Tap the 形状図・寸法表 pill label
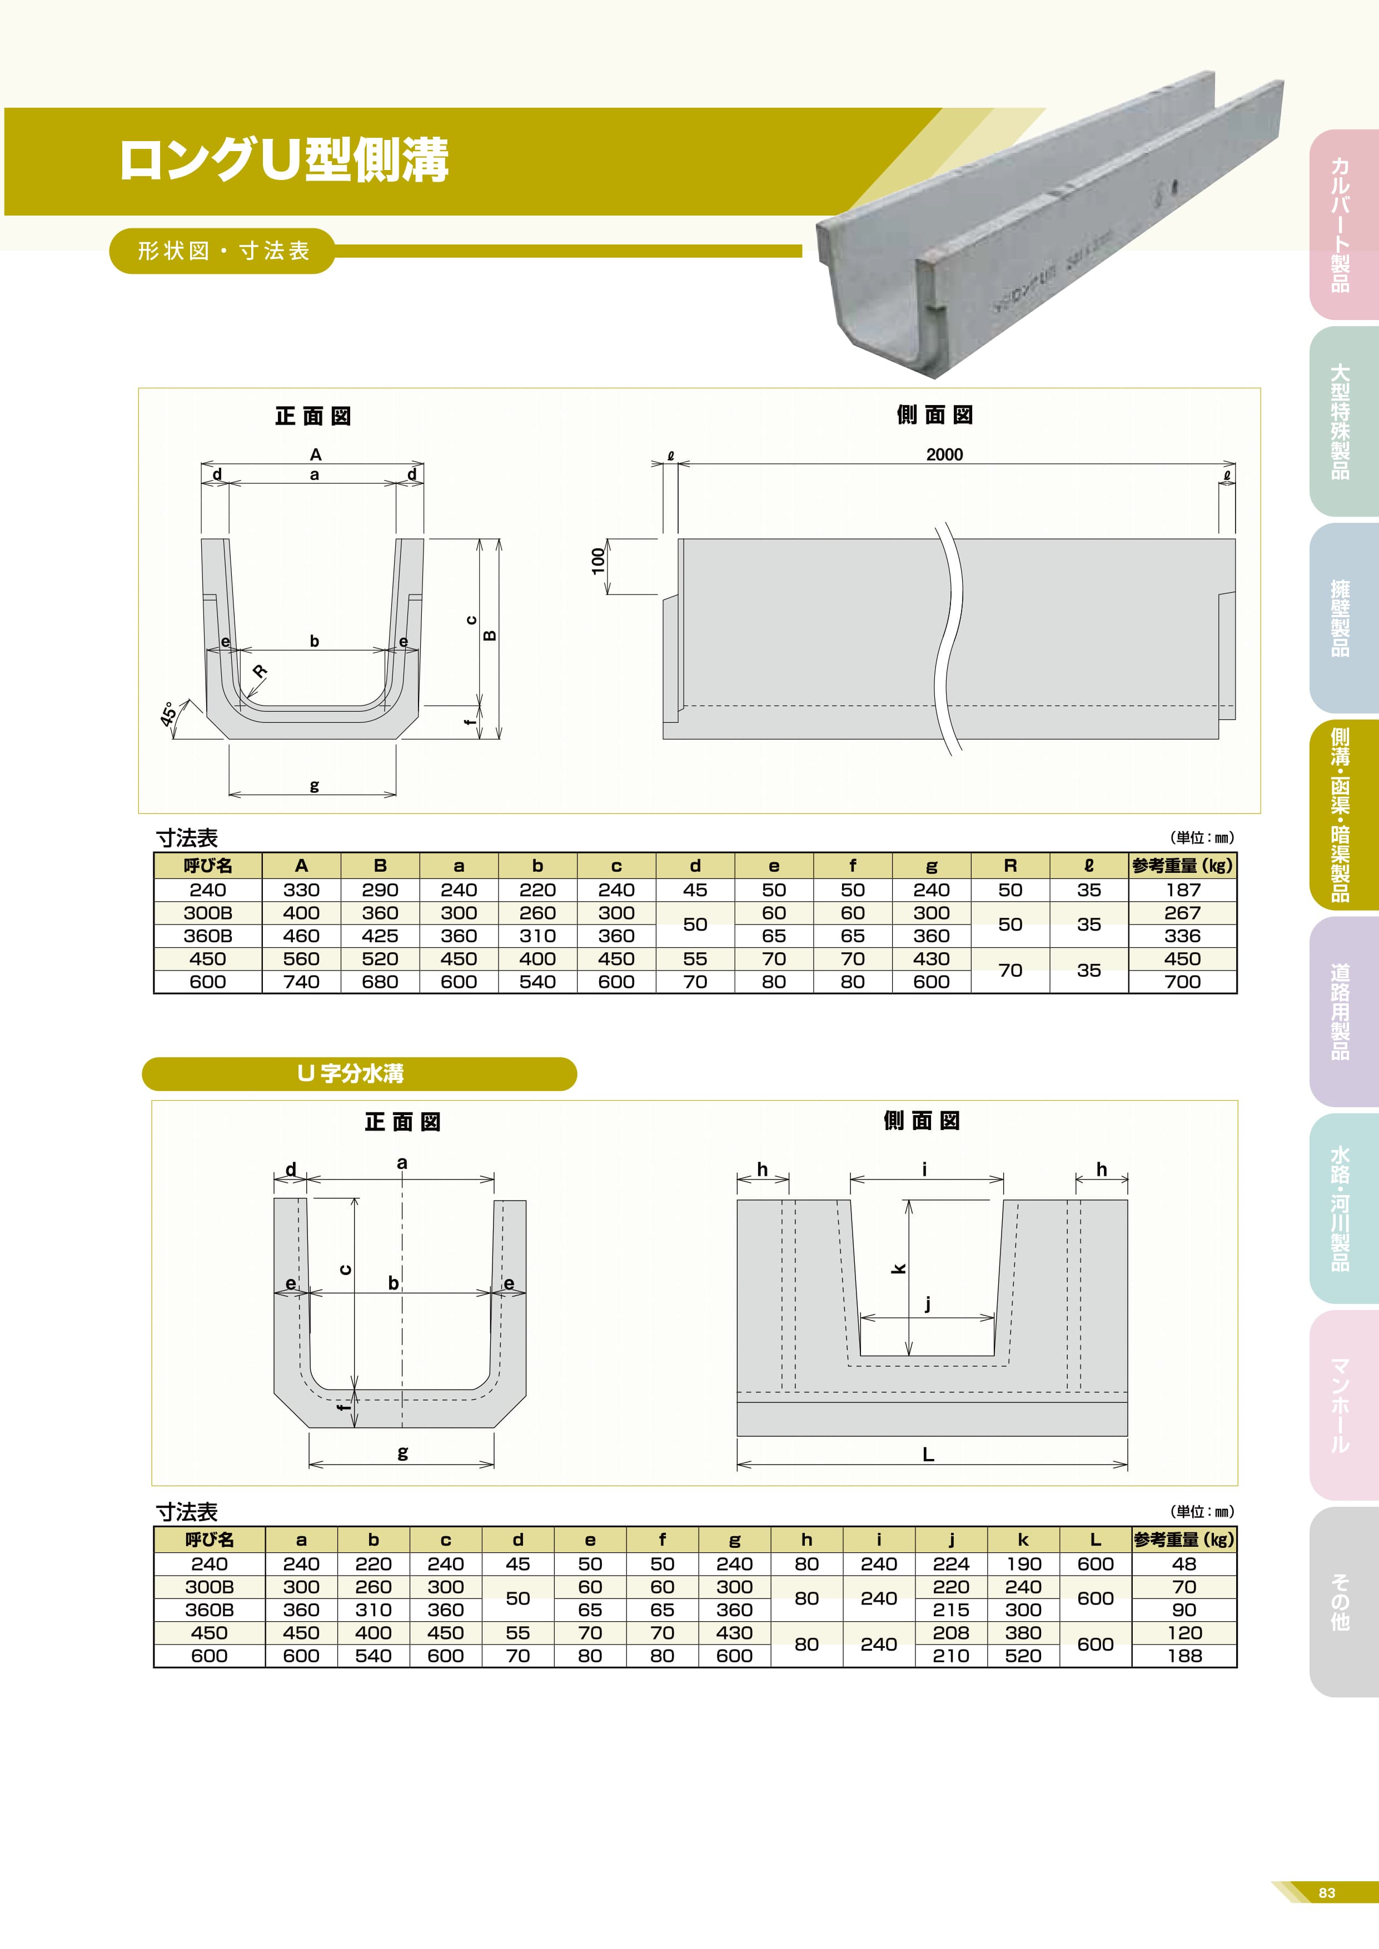tap(223, 251)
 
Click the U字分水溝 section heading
tap(351, 1074)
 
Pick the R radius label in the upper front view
tap(260, 672)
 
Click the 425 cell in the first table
tap(380, 936)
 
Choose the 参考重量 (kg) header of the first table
tap(1182, 866)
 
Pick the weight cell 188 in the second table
tap(1184, 1656)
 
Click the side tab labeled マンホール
tap(1340, 1405)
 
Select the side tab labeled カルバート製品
tap(1340, 225)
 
